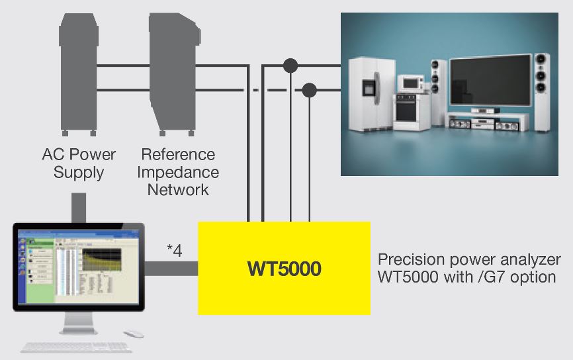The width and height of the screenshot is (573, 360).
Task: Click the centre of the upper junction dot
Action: coord(290,66)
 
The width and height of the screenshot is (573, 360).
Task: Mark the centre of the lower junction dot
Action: coord(310,90)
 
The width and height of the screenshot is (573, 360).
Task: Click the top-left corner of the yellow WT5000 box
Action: coord(198,222)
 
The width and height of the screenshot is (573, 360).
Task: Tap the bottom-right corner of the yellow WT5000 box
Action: coord(370,314)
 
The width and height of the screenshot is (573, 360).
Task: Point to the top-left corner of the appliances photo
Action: coord(341,13)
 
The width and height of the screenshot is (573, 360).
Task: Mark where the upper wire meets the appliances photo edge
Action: coord(341,66)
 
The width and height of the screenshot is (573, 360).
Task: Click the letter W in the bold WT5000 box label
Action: coord(257,269)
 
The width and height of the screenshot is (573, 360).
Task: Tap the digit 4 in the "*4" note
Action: coord(177,251)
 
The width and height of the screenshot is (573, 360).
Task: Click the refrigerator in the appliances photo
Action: coord(372,94)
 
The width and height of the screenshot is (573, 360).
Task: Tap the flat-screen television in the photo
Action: coord(490,81)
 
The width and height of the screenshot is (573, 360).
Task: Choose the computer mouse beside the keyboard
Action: coord(134,334)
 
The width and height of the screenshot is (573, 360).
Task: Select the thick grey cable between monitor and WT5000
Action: coord(171,269)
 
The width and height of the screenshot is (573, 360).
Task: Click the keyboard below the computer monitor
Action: coord(76,347)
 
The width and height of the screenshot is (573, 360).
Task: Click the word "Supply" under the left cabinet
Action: coord(79,173)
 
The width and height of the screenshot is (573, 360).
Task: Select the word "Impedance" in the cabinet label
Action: coord(178,172)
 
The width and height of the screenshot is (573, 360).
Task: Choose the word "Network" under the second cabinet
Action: coord(178,190)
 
